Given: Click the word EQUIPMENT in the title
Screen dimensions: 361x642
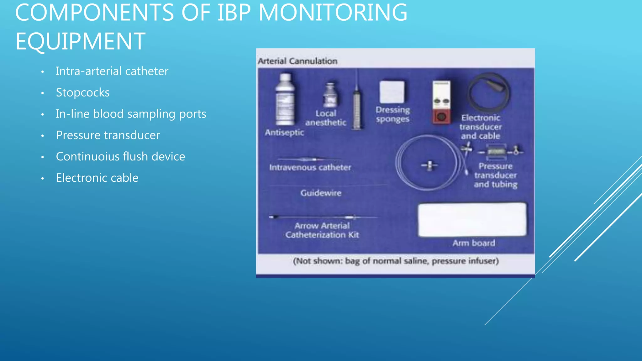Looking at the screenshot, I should [x=80, y=41].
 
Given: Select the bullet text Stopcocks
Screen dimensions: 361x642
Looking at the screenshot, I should [x=83, y=93].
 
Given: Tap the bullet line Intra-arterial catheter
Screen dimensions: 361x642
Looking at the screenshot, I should [x=112, y=71].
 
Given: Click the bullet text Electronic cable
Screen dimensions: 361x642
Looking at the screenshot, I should [x=97, y=178].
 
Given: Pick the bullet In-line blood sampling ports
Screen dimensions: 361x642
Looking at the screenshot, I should [x=131, y=114].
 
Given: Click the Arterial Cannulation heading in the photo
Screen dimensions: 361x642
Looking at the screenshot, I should [x=297, y=61].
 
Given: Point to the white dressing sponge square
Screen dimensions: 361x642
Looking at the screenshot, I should [x=392, y=92].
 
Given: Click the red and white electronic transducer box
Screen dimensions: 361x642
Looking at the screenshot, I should [x=441, y=102].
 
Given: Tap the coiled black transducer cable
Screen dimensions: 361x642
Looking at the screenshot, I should [x=489, y=93].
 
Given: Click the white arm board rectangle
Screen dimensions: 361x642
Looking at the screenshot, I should [x=472, y=219].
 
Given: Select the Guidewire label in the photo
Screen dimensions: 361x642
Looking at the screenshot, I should [x=321, y=193].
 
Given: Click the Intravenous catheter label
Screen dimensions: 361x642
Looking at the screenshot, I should [x=310, y=168].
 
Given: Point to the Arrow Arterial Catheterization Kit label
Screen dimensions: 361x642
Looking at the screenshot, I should [x=322, y=230].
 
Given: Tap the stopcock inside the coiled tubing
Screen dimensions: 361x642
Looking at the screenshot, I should [x=429, y=165].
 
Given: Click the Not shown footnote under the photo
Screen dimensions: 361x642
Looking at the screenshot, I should [x=396, y=261].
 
